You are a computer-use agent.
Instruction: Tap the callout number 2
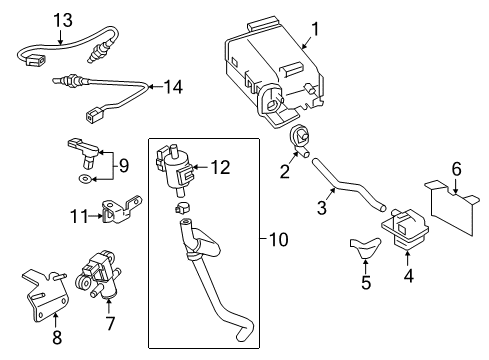point(284,172)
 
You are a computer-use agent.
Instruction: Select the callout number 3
point(322,209)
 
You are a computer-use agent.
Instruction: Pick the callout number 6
point(456,168)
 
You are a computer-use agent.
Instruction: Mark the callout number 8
point(56,337)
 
